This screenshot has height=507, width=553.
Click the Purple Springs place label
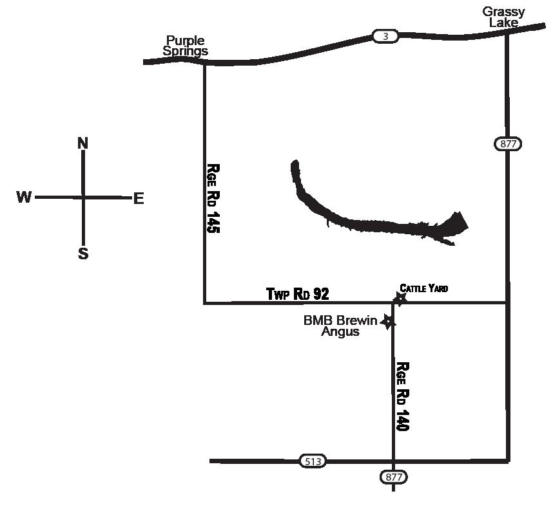(x=185, y=46)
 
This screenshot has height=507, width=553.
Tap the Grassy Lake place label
(x=503, y=17)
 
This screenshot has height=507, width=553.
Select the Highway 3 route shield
(x=385, y=37)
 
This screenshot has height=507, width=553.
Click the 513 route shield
(x=313, y=461)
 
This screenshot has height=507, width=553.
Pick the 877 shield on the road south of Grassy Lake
(x=508, y=143)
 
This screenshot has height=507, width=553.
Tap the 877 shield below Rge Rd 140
(x=393, y=477)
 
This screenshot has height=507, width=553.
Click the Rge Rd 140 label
(x=403, y=396)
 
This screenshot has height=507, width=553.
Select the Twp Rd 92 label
(x=298, y=294)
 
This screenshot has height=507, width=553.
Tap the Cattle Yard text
(x=423, y=288)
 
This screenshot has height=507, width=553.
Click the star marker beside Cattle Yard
(x=400, y=298)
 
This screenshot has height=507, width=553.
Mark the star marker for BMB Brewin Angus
(x=388, y=321)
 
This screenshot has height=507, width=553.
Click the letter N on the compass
(x=83, y=143)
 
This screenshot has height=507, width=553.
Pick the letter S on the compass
(x=83, y=253)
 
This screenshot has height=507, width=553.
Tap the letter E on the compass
(x=139, y=199)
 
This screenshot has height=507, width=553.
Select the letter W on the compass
(x=24, y=198)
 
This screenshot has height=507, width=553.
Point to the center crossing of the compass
(x=83, y=197)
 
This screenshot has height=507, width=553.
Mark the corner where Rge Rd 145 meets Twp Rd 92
(x=205, y=302)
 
